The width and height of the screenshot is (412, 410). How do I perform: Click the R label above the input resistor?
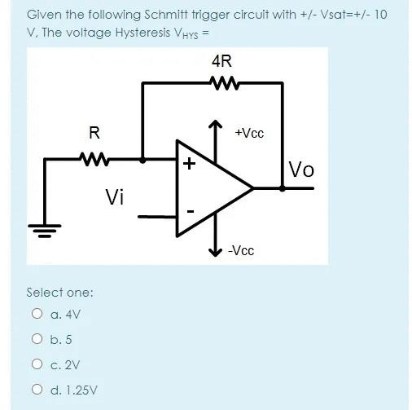coord(94,133)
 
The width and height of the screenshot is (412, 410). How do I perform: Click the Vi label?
coord(116,196)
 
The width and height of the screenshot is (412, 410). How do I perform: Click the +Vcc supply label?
coord(248,133)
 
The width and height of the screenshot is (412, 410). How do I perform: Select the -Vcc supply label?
coord(240,250)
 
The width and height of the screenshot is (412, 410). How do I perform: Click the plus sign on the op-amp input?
coord(189,164)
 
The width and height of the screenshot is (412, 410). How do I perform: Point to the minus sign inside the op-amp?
coord(190,212)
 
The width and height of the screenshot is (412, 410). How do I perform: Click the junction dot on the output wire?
coord(283,187)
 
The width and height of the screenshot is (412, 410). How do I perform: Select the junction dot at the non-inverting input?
coord(143,161)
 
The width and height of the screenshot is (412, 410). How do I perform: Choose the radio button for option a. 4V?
coord(37,313)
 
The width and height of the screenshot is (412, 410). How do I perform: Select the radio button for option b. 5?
coord(37,339)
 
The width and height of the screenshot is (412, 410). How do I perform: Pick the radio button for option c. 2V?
coord(37,365)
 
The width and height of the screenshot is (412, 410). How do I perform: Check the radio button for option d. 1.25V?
coord(37,390)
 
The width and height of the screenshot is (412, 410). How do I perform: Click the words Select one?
coord(59,292)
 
